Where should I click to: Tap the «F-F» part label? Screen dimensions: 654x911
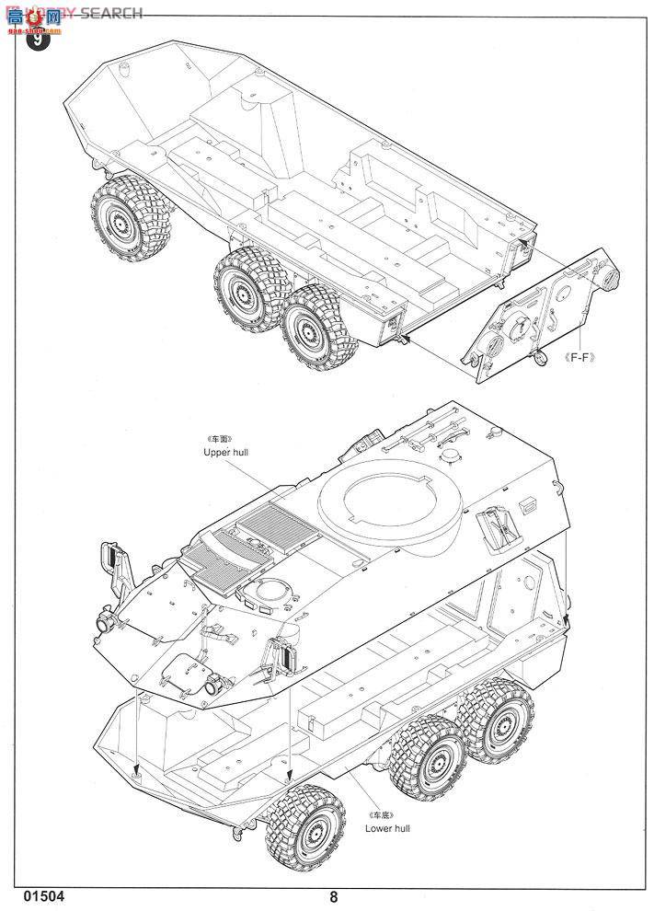578,359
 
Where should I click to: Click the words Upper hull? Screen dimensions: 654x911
226,453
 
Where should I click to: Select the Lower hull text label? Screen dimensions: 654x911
388,828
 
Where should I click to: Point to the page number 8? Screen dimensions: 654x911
333,895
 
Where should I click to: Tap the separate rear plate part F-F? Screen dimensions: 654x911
543,313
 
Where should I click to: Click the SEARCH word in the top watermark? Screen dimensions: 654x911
110,13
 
